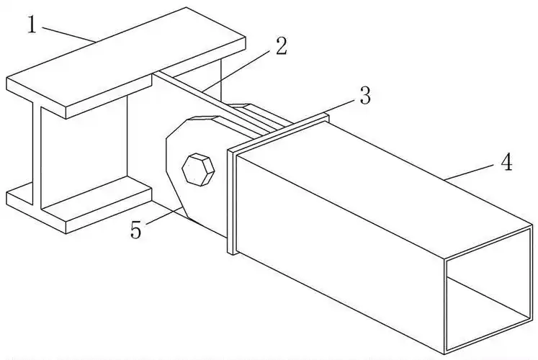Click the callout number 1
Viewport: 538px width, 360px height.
click(x=32, y=25)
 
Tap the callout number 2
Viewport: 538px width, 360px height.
click(x=281, y=45)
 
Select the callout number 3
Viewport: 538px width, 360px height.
click(x=365, y=96)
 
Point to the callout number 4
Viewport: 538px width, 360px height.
click(x=506, y=162)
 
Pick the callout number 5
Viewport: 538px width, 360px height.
click(x=136, y=230)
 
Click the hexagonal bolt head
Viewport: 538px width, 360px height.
click(x=198, y=170)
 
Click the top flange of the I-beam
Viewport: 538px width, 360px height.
click(x=126, y=62)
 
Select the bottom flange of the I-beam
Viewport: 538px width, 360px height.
click(x=80, y=205)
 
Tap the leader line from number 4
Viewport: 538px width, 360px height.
click(x=469, y=171)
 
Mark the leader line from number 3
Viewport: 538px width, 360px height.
click(x=341, y=107)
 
